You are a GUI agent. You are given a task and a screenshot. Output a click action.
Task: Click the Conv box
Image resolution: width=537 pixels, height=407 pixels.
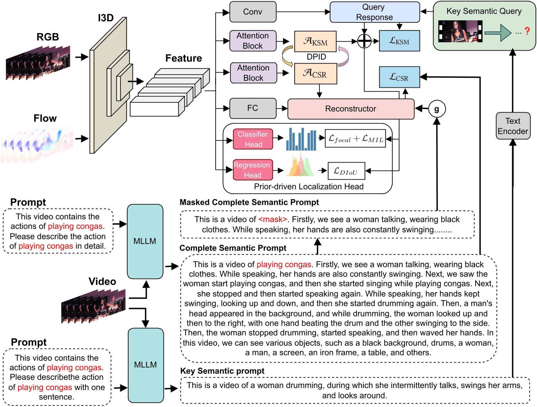(x=253, y=12)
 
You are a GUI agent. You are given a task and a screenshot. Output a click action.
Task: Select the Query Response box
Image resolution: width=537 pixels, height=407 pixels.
(x=374, y=12)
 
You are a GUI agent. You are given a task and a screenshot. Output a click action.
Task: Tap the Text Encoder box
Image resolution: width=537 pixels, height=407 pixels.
(x=513, y=126)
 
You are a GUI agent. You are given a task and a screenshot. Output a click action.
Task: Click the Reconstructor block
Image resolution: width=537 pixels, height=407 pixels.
(x=351, y=109)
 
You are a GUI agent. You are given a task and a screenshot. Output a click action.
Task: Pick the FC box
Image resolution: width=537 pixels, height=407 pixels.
(x=253, y=108)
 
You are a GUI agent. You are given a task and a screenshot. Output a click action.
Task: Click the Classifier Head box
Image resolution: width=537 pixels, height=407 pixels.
(x=253, y=139)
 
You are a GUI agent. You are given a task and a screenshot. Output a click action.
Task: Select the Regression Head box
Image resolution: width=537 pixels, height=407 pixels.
(x=253, y=170)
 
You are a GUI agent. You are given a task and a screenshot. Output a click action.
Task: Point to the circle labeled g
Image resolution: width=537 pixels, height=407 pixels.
(x=437, y=109)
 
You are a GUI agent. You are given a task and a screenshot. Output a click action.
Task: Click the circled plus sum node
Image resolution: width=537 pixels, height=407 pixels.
(x=364, y=41)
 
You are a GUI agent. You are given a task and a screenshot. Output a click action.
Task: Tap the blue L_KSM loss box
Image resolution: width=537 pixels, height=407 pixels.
(x=399, y=41)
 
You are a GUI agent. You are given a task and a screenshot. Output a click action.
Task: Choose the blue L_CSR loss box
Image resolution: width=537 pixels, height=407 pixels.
(x=399, y=77)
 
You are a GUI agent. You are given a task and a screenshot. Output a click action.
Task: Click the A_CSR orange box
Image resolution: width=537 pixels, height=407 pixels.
(x=315, y=74)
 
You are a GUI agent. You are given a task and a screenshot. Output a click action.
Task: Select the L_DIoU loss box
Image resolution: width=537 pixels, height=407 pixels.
(x=346, y=171)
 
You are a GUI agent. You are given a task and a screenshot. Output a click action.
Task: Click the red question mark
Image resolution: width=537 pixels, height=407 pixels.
(x=527, y=31)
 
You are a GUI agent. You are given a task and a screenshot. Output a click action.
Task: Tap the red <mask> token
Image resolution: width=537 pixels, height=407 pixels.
(x=273, y=220)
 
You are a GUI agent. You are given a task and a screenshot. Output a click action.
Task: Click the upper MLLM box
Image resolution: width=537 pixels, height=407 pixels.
(x=145, y=241)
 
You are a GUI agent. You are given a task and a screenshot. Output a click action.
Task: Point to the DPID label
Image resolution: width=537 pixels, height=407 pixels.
(x=316, y=57)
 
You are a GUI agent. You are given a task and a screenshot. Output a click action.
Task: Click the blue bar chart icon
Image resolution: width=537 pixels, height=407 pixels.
(x=301, y=139)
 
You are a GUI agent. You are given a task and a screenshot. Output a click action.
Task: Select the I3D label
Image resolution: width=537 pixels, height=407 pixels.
(x=106, y=18)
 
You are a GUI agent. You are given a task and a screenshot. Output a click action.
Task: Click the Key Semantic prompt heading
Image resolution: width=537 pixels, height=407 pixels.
(x=222, y=371)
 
